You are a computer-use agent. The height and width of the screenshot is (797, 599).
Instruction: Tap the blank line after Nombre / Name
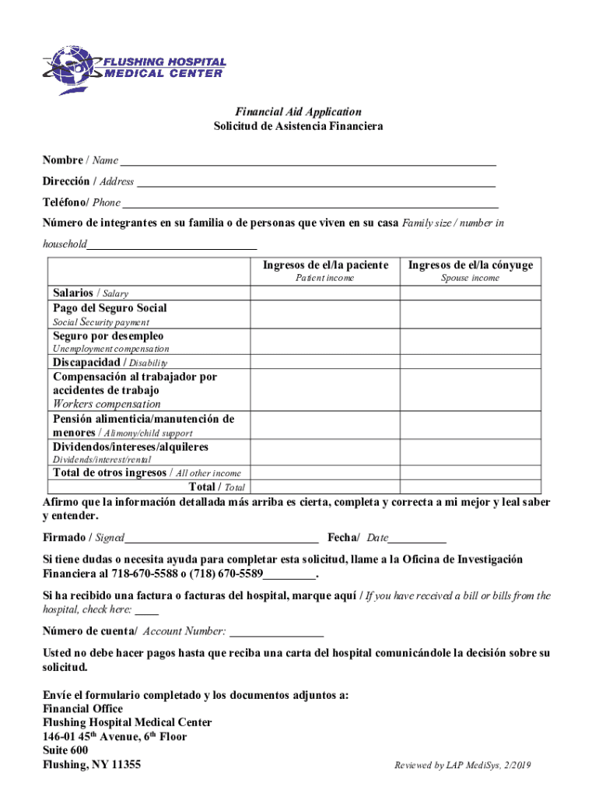(x=307, y=162)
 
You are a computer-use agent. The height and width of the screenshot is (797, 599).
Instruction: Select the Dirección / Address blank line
(x=316, y=183)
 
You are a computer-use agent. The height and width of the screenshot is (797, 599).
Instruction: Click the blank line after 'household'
(x=172, y=245)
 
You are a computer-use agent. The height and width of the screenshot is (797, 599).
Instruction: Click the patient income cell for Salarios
(x=324, y=293)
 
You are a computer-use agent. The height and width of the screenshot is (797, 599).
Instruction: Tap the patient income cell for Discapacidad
(x=324, y=362)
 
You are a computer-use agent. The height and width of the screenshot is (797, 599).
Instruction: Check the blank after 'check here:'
(x=146, y=611)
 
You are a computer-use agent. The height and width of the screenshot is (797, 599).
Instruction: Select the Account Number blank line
(x=277, y=632)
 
